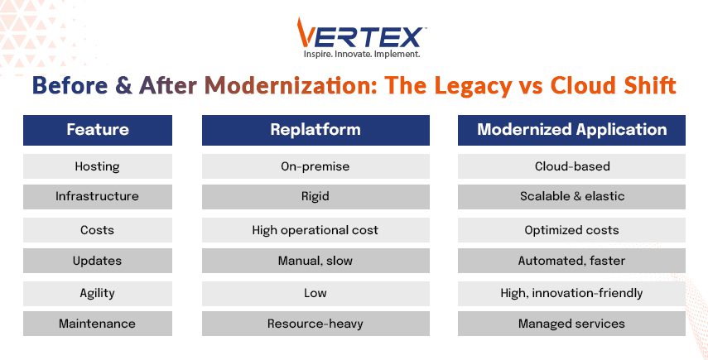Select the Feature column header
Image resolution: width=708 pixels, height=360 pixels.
click(98, 130)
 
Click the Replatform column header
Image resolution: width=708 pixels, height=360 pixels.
click(315, 130)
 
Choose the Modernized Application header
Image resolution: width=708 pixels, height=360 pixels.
click(571, 130)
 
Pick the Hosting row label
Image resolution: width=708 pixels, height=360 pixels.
click(98, 166)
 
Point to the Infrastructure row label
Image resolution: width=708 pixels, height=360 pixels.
click(98, 197)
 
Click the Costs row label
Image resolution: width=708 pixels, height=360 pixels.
click(98, 230)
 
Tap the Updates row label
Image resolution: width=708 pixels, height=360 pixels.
click(98, 261)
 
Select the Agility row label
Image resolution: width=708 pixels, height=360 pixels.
click(98, 293)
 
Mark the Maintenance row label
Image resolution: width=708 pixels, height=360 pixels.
click(98, 324)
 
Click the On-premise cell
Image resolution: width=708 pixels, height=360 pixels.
click(315, 166)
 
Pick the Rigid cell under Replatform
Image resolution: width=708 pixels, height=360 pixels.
click(315, 197)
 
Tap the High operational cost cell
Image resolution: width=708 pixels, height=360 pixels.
click(315, 230)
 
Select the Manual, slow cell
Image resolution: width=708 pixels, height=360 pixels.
click(315, 261)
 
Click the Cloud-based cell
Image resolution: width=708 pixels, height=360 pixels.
click(571, 166)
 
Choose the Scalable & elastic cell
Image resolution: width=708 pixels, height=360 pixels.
click(571, 197)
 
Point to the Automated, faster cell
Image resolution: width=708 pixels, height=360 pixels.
click(571, 261)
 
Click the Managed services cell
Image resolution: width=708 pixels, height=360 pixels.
click(571, 324)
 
